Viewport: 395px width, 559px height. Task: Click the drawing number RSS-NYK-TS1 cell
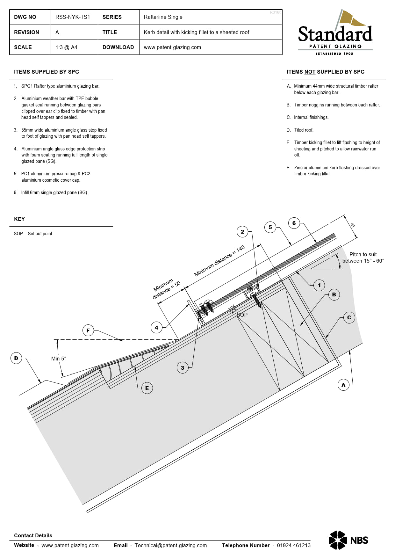pos(73,17)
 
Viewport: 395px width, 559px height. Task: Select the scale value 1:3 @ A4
pos(66,47)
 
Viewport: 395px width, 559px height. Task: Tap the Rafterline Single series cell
pos(163,17)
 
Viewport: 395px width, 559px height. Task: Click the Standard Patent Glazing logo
pos(335,33)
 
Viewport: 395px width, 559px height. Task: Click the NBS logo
pos(348,540)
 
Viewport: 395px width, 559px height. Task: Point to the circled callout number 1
pos(319,285)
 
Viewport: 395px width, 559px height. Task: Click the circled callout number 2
pos(242,232)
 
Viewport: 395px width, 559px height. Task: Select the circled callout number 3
pos(183,368)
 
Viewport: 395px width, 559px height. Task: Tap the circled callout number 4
pos(156,328)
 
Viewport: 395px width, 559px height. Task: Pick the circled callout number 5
pos(270,227)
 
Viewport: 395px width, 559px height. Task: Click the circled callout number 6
pos(294,223)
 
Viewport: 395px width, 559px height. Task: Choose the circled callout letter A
pos(343,385)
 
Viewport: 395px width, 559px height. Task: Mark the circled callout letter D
pos(16,358)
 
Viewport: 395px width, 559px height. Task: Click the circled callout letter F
pos(88,330)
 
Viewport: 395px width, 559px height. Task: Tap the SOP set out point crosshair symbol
pos(233,309)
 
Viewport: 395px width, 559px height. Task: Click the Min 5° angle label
pos(59,359)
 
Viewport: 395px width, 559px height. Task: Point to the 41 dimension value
pos(353,225)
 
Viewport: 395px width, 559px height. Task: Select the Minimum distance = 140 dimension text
pos(219,260)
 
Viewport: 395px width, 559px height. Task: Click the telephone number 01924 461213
pos(293,545)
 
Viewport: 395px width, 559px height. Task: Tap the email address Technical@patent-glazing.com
pos(171,545)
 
